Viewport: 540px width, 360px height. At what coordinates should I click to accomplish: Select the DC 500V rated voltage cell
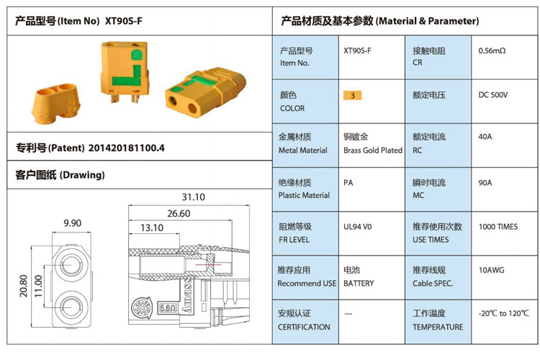click(493, 95)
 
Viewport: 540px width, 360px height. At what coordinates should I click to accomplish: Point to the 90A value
click(485, 183)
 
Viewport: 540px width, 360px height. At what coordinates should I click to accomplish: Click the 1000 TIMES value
click(498, 227)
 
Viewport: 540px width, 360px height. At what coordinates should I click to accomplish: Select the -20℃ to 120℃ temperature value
click(503, 314)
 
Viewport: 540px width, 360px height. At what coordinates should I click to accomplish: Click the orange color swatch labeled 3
click(352, 95)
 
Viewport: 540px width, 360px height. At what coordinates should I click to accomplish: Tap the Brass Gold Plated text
click(373, 150)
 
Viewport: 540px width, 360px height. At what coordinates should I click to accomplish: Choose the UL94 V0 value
click(357, 227)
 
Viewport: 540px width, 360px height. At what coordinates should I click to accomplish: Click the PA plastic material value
click(348, 183)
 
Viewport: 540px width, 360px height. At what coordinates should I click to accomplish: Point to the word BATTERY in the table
click(359, 284)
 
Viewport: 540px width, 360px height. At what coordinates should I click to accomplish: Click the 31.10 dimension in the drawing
click(193, 197)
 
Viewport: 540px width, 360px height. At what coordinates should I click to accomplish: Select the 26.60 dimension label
click(178, 213)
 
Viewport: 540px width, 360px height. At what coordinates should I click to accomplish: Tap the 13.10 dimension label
click(152, 228)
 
